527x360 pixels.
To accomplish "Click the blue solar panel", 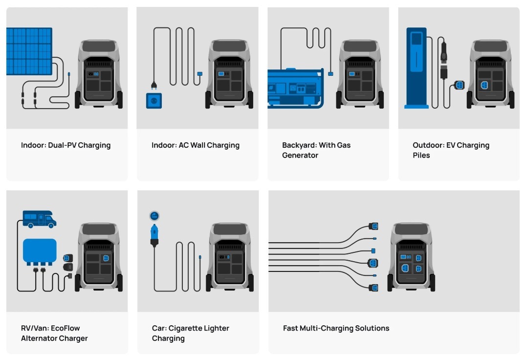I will click(29, 51).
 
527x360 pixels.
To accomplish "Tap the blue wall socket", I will click(154, 101).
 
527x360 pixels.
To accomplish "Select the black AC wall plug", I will click(154, 86).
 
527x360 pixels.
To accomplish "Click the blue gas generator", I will click(295, 88).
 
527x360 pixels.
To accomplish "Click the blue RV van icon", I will click(39, 219).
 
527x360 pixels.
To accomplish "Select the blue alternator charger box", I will click(40, 251).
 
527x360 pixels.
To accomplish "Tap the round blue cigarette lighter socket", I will click(154, 216).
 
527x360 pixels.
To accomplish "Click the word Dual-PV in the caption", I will click(62, 145).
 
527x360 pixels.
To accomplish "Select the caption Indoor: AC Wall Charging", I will click(195, 145).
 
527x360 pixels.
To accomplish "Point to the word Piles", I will click(421, 155).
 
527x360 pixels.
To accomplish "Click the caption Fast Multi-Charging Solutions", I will click(336, 328).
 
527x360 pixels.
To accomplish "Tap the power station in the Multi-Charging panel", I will click(411, 257).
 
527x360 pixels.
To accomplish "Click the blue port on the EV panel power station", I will click(484, 85).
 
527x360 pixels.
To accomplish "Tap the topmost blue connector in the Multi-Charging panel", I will click(373, 226).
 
